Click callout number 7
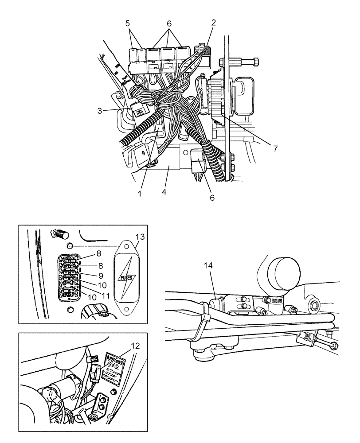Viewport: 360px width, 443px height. [x=275, y=149]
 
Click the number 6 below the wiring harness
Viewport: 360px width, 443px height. [x=212, y=198]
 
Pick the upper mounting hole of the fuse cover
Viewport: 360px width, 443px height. [x=126, y=249]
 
